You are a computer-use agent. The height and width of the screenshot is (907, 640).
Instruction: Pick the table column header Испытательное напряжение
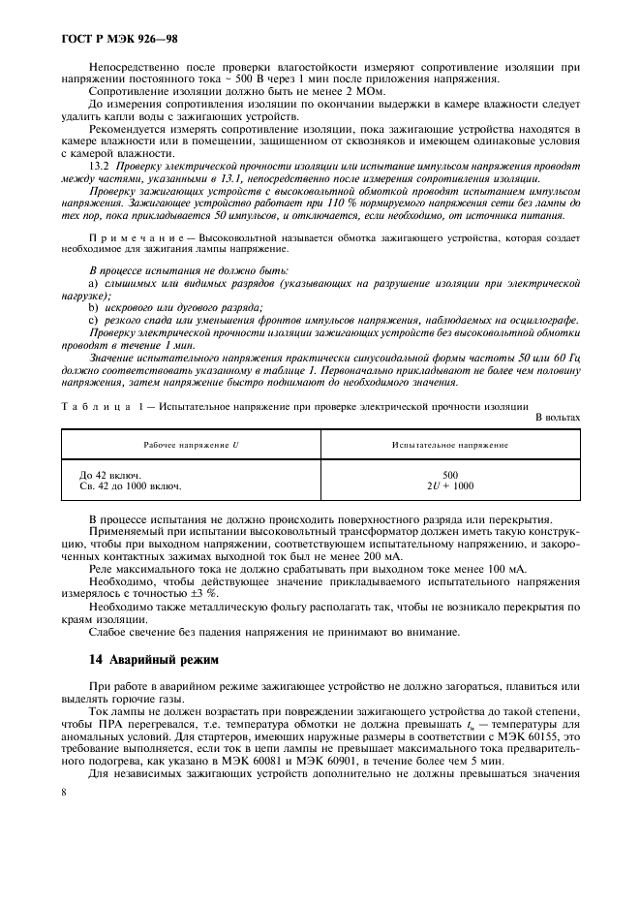click(x=449, y=444)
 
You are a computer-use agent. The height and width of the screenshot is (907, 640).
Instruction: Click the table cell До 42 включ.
click(x=109, y=475)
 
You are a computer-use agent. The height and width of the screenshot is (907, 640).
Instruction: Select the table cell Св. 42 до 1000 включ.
click(x=130, y=485)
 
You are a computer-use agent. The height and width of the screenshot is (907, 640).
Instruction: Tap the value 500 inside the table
click(x=449, y=475)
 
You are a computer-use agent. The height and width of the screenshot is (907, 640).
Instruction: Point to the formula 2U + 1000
click(x=449, y=485)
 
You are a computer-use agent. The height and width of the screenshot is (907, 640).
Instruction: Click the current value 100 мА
click(x=503, y=570)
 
